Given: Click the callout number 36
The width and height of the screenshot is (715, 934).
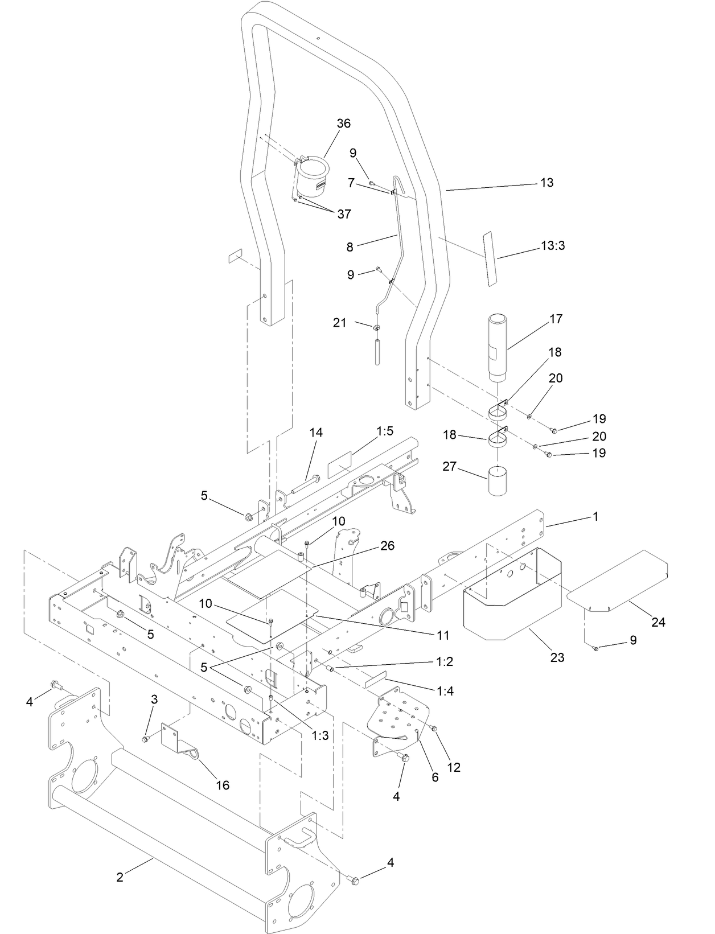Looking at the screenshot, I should (343, 124).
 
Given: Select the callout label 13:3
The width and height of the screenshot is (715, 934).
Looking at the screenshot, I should (552, 246).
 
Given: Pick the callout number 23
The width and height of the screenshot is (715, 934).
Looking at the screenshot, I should (557, 657).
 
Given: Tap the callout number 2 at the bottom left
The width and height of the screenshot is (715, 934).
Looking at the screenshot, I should (120, 877).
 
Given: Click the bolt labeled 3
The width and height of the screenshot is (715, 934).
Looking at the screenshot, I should (145, 739).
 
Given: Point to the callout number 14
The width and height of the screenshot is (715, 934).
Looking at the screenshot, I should (316, 433).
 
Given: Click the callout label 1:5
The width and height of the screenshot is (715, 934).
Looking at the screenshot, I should (385, 431).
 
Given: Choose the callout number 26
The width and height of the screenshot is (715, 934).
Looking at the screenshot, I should (388, 546).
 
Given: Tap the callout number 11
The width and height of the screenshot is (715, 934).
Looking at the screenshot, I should (443, 635).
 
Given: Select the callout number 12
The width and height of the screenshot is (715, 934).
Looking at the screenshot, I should (453, 767).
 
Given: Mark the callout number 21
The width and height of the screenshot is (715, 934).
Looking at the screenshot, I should (339, 323).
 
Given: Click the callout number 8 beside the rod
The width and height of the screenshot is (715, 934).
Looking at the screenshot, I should (350, 247).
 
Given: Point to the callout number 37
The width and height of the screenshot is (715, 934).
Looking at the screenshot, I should (344, 214).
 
